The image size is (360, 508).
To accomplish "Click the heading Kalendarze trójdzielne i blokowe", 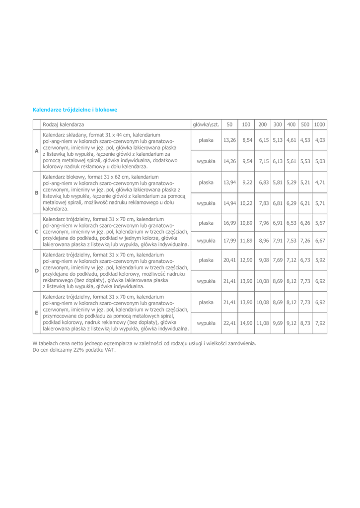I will pos(74,109).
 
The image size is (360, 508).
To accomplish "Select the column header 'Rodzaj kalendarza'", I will pos(63,124).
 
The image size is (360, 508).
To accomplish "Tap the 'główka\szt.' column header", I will pos(206,124).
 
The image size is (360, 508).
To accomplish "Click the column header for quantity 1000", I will pos(320,124).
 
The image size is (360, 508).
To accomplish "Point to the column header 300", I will pos(278,124).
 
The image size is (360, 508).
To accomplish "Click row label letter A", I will pos(36,151).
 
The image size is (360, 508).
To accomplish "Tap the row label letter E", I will pos(36,313).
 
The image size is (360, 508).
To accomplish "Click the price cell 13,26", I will pos(229,140).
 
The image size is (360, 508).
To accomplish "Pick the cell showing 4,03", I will pos(320,140).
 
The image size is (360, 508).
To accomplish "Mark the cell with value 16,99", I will pos(229,223).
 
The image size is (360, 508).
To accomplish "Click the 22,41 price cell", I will pos(229,323).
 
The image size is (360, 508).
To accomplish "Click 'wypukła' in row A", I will pos(206,161).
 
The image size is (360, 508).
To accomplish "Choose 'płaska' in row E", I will pos(206,302).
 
